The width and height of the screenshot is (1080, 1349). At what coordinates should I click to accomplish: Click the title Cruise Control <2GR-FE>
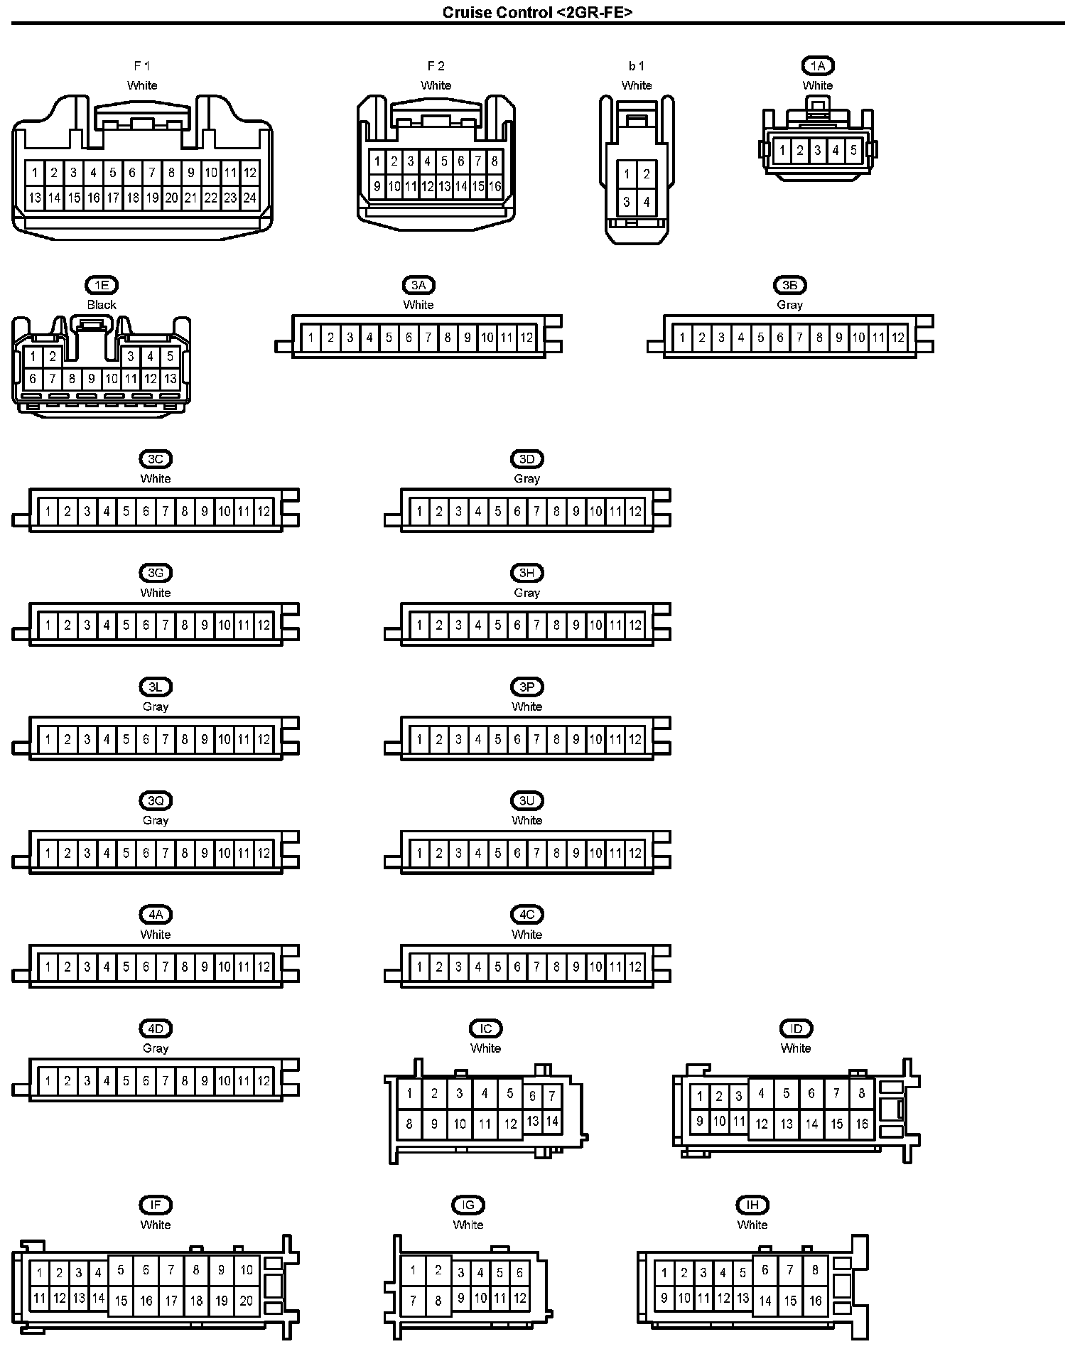[x=537, y=12]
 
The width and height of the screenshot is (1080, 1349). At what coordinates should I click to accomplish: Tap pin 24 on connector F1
[x=249, y=198]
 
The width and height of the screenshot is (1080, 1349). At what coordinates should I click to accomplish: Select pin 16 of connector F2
[x=495, y=186]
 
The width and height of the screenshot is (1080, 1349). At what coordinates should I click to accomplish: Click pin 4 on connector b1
[x=646, y=202]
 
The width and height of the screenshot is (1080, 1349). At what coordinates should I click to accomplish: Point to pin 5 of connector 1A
[x=853, y=150]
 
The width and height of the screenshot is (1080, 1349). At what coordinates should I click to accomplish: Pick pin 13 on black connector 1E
[x=170, y=379]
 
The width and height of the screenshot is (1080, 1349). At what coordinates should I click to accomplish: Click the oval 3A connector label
[x=418, y=286]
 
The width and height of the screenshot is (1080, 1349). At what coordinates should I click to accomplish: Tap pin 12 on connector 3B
[x=897, y=338]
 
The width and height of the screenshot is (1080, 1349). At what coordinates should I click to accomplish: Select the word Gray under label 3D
[x=526, y=478]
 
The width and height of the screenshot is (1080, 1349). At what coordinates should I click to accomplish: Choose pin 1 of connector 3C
[x=48, y=511]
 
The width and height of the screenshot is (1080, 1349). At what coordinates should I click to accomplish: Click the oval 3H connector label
[x=526, y=573]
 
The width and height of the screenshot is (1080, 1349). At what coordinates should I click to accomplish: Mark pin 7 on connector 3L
[x=165, y=739]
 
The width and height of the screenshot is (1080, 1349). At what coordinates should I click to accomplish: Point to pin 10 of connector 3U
[x=595, y=853]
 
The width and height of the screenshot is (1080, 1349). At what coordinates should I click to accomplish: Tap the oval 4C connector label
[x=526, y=915]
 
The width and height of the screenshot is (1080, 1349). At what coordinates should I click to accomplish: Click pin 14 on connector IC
[x=552, y=1122]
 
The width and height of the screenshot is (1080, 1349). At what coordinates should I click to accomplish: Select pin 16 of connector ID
[x=861, y=1124]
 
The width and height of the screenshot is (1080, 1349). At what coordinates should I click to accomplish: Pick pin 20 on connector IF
[x=246, y=1300]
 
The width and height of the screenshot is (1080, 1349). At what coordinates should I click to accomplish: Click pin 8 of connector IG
[x=438, y=1301]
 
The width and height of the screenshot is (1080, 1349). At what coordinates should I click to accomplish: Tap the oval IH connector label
[x=752, y=1205]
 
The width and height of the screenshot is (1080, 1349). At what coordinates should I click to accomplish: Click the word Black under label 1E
[x=102, y=305]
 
